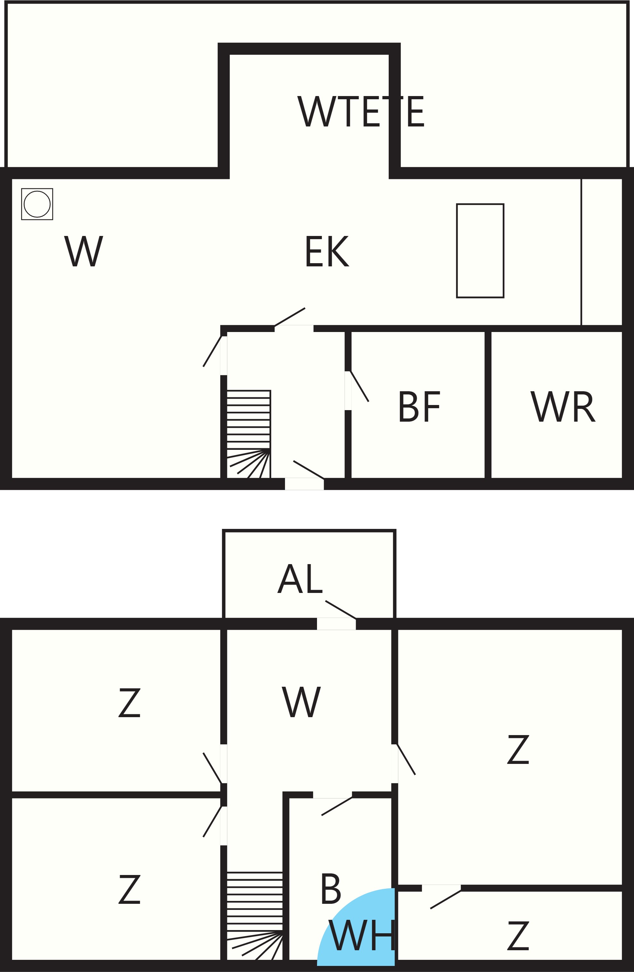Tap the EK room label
tap(327, 251)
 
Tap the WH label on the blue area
tap(362, 935)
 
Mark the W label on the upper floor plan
tap(84, 251)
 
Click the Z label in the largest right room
tap(518, 749)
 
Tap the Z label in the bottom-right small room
tap(518, 936)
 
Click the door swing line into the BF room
tap(360, 386)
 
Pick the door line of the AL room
tap(341, 610)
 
